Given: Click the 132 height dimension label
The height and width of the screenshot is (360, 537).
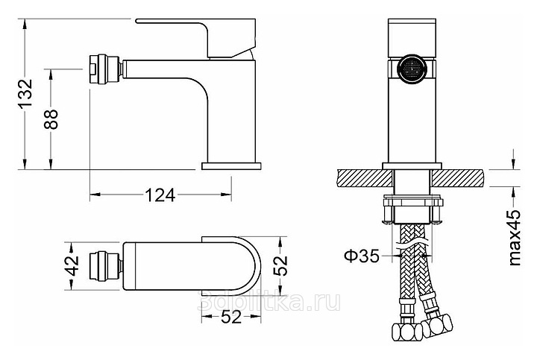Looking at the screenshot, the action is click(25, 93).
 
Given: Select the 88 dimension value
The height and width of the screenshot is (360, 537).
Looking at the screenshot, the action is click(51, 119).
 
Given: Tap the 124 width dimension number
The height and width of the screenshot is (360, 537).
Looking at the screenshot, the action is click(160, 195).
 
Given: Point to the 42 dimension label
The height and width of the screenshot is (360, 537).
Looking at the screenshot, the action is click(72, 266).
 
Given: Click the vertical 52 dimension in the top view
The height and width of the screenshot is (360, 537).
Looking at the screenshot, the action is click(280, 266).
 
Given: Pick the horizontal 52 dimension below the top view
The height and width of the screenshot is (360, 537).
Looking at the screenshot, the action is click(231, 318).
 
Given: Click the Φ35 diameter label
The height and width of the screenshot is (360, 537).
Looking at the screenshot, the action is click(362, 256).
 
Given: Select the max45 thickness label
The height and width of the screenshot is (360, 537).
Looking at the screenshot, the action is click(514, 238).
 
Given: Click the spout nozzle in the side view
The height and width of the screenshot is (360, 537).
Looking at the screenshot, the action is click(105, 69).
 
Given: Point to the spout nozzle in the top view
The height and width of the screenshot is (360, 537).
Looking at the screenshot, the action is click(105, 266).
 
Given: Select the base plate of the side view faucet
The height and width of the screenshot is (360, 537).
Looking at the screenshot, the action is click(232, 166).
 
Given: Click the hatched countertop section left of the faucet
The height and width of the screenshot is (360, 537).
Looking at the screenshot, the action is click(365, 178).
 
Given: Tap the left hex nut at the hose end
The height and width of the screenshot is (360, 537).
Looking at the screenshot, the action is click(406, 332).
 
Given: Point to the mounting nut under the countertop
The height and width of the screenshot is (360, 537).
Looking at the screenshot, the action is click(412, 209).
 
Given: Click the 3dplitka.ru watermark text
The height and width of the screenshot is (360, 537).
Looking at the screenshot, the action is click(269, 301).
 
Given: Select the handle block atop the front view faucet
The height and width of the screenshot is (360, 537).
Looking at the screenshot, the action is click(413, 39).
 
